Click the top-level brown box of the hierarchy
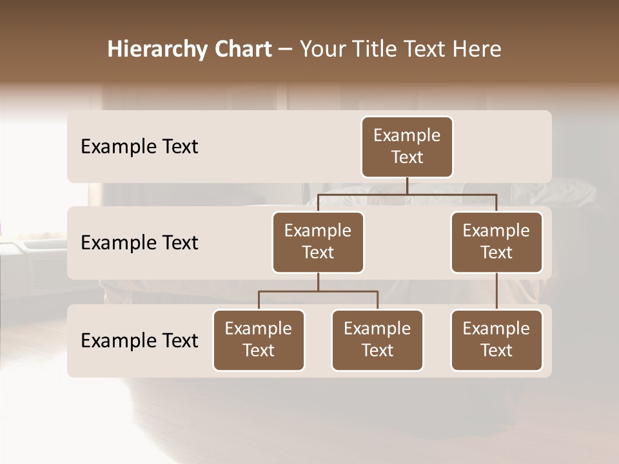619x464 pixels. pyautogui.click(x=407, y=147)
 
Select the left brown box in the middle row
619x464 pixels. pyautogui.click(x=318, y=242)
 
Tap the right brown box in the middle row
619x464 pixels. pyautogui.click(x=496, y=242)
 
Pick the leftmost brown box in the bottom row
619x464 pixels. pyautogui.click(x=259, y=340)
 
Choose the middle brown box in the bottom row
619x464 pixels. pyautogui.click(x=377, y=340)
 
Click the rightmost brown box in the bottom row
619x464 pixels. pyautogui.click(x=496, y=340)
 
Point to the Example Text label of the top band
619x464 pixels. pyautogui.click(x=139, y=147)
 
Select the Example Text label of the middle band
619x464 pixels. pyautogui.click(x=139, y=243)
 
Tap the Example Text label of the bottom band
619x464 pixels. pyautogui.click(x=139, y=341)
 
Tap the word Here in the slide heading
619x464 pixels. pyautogui.click(x=477, y=49)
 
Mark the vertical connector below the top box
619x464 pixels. pyautogui.click(x=407, y=186)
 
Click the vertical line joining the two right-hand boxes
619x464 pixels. pyautogui.click(x=496, y=291)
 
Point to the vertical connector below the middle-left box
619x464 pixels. pyautogui.click(x=318, y=282)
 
